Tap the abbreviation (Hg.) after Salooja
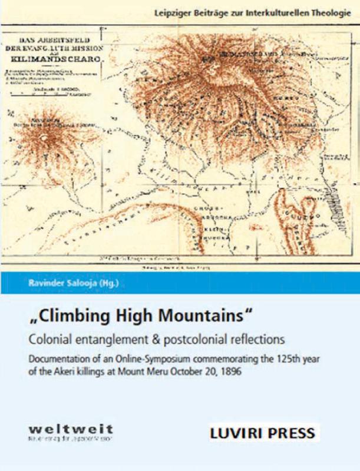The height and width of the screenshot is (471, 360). [x=107, y=286]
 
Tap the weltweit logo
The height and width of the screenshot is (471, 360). [x=71, y=432]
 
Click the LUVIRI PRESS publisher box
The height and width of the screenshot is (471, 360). [x=262, y=434]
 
